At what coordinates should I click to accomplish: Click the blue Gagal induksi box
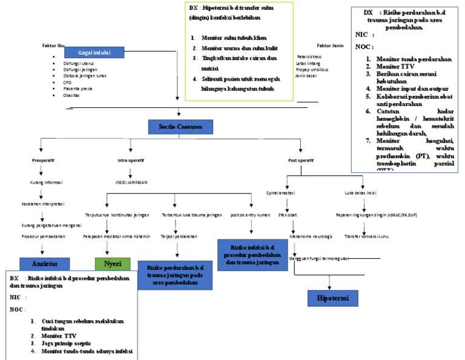point(93,53)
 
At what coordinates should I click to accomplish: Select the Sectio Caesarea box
point(180,127)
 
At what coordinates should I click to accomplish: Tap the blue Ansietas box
point(45,264)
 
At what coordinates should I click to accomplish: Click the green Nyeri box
point(112,264)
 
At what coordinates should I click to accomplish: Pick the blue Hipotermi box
point(329,298)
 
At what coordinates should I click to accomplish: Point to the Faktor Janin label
point(331,45)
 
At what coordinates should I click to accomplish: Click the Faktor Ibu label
point(53,46)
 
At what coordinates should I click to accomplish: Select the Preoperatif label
point(43,161)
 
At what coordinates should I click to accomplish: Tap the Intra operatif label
point(130,161)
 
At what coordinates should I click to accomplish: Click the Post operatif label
point(301,161)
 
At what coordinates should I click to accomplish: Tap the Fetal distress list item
point(309,56)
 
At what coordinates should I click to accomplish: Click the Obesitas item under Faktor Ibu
point(71,95)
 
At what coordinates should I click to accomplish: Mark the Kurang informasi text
point(47,181)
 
